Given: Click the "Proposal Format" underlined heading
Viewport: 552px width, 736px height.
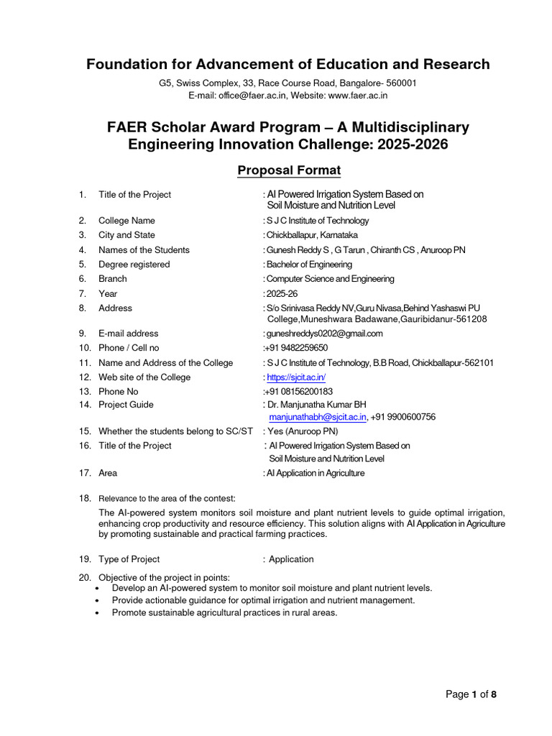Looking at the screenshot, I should [288, 170].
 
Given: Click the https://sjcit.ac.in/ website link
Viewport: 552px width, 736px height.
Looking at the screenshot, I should [296, 377].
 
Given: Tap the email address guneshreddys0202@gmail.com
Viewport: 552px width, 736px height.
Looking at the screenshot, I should [325, 333].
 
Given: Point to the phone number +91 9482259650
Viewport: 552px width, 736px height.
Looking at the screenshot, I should [296, 348].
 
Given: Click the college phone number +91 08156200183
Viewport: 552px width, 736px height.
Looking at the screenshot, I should [298, 392].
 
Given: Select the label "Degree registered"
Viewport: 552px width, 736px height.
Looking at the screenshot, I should [134, 264].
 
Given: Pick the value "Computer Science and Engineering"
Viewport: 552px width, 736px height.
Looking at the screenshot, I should [330, 279].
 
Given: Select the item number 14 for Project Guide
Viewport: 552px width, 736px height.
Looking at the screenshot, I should [85, 405].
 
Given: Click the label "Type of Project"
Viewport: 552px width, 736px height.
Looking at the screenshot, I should [129, 559].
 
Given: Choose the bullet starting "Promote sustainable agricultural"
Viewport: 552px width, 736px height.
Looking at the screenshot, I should [225, 613].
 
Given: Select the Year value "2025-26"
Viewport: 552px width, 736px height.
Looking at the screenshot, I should [282, 293].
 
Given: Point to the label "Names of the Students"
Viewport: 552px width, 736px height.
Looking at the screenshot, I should [144, 250].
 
